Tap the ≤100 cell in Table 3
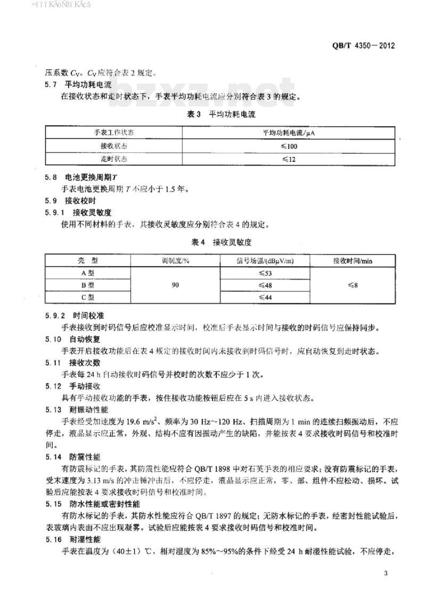(x=289, y=145)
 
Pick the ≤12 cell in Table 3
(x=289, y=159)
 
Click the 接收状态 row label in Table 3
(x=114, y=145)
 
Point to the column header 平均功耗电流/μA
(x=289, y=132)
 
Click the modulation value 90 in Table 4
(x=175, y=285)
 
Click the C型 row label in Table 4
(x=87, y=298)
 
